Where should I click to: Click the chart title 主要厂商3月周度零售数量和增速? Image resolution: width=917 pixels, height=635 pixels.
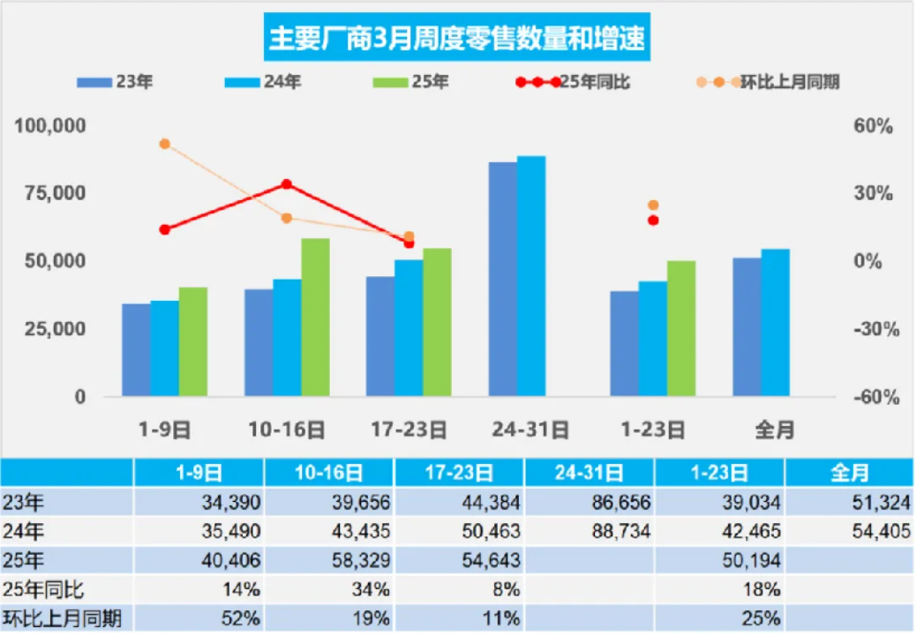coord(457,39)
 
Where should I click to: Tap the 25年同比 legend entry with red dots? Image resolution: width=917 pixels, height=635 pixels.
coord(574,82)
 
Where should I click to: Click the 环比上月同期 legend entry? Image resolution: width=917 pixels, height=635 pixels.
coord(768,82)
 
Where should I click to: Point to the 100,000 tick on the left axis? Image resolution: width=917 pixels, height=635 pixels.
coord(50,126)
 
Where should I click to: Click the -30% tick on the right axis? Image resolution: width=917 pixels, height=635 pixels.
coord(875,329)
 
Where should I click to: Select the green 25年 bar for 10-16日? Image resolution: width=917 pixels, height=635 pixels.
coord(315,317)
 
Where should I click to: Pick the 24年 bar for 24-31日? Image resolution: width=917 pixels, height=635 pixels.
coord(531,275)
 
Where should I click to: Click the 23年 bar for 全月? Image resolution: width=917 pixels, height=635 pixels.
coord(747,326)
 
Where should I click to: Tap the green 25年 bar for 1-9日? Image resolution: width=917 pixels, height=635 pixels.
coord(193,341)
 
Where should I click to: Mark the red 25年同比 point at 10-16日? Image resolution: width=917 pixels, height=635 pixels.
coord(287,184)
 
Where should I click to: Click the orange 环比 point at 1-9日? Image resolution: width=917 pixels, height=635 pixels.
coord(164,144)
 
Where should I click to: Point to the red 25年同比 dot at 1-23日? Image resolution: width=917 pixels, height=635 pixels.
coord(653,220)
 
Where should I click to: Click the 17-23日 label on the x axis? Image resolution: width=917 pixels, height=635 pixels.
coord(409,430)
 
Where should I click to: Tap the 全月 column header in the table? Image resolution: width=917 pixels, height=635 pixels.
coord(849,473)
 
